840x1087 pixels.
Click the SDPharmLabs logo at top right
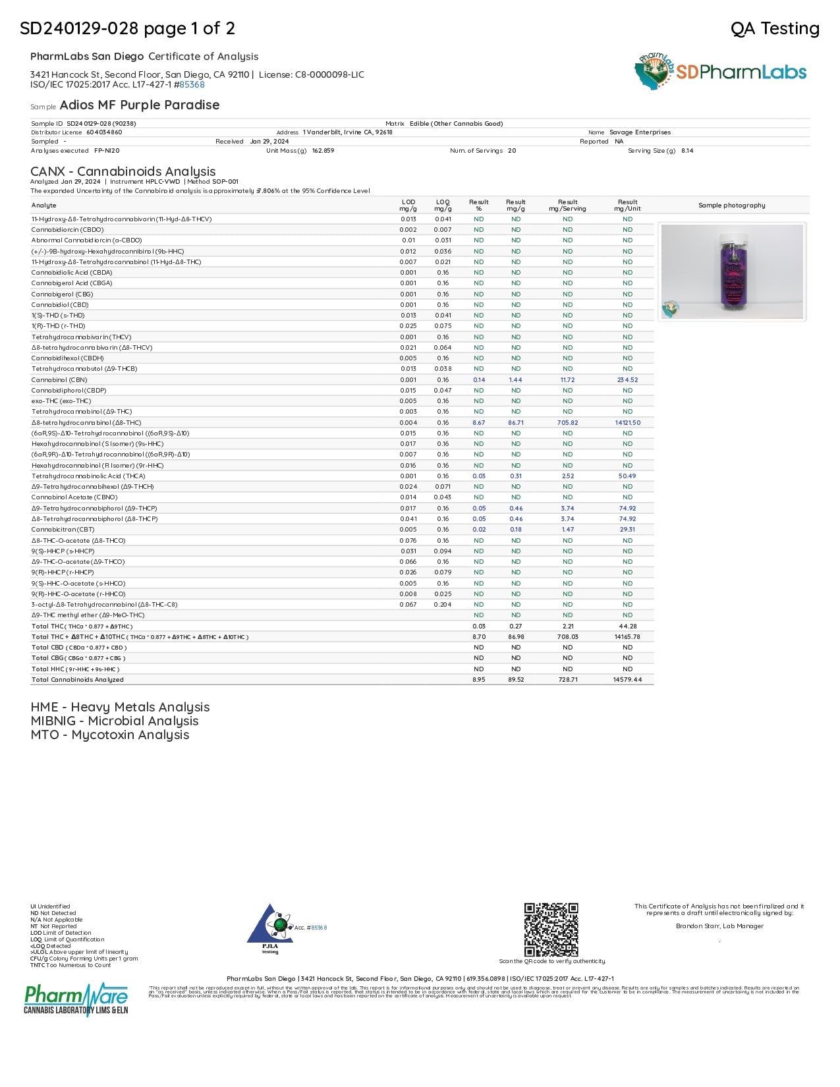point(721,72)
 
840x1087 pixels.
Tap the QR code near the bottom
point(551,930)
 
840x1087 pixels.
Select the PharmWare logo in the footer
point(76,999)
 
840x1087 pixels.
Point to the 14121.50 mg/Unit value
point(627,423)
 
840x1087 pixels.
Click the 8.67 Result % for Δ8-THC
point(478,423)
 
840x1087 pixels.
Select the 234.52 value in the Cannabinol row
point(627,380)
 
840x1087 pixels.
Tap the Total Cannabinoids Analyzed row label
point(78,680)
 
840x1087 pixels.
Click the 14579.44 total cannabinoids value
point(627,680)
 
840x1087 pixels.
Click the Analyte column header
point(44,206)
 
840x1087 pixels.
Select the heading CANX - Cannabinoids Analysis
point(123,171)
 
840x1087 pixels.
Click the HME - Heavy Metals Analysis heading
point(120,707)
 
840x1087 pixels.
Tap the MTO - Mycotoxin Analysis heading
point(110,735)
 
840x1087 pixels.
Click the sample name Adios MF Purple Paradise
point(140,105)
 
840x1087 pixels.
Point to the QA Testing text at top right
point(775,28)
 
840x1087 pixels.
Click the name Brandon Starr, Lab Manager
point(719,926)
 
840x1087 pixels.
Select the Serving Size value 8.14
point(687,151)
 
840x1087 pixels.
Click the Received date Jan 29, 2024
point(269,142)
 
